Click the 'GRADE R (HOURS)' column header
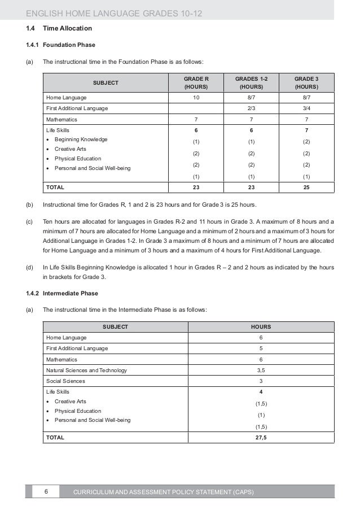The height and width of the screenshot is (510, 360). tap(196, 83)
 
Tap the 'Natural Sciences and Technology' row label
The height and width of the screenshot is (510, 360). tap(86, 370)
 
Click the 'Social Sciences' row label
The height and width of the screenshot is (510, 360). tap(65, 381)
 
